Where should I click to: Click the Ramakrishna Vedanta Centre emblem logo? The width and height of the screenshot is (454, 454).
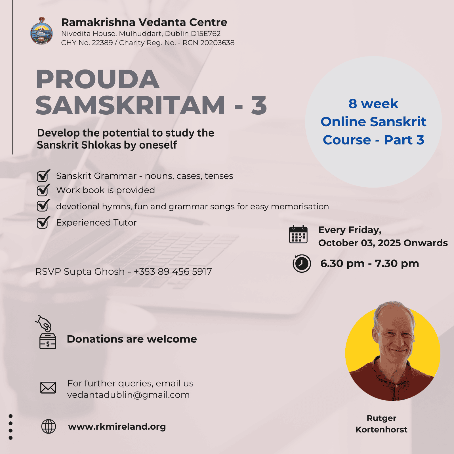(41, 31)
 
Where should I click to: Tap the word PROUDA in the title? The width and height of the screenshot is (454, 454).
(97, 79)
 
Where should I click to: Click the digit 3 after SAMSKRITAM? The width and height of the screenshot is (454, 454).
(259, 105)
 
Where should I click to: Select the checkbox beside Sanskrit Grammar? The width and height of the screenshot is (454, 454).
(43, 176)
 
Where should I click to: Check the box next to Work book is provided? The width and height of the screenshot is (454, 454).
(43, 190)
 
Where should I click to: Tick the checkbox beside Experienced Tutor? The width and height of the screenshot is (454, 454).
(43, 222)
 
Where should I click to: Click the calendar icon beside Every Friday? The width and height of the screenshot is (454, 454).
(298, 234)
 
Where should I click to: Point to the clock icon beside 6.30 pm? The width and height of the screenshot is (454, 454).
(302, 264)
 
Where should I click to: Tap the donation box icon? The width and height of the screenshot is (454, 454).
(46, 332)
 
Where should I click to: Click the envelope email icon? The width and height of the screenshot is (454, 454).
(48, 388)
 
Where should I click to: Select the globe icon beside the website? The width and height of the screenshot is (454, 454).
(49, 426)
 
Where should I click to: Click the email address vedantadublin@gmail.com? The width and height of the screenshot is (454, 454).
(128, 395)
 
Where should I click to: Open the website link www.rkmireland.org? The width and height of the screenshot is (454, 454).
(117, 427)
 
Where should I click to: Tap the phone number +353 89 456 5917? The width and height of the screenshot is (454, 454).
(173, 272)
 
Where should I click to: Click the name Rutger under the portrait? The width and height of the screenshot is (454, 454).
(381, 418)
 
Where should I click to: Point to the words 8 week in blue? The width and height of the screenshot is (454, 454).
(373, 104)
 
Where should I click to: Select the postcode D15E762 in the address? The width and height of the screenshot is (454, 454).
(206, 33)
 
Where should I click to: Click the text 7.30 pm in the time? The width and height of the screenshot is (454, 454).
(397, 264)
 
